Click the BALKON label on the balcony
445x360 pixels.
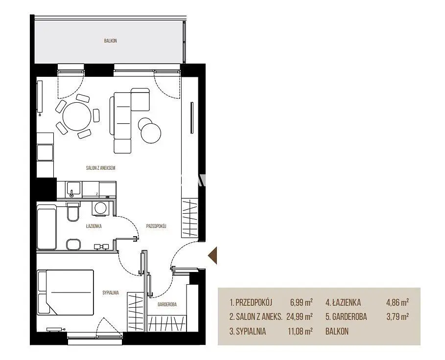coord(111,41)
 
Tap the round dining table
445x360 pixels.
coord(77,116)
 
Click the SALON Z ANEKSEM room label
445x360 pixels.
coord(100,168)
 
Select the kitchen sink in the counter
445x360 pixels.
coord(73,189)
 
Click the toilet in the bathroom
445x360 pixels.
coord(73,211)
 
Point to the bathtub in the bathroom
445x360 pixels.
coord(47,229)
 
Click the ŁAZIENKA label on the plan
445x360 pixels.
coord(94,226)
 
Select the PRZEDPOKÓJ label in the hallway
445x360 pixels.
coord(156,226)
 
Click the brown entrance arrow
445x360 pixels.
coord(212,255)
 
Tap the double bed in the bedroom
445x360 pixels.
coord(66,292)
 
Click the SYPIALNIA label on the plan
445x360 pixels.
coord(111,292)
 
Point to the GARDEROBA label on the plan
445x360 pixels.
coord(167,304)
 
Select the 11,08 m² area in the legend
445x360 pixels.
coord(300,331)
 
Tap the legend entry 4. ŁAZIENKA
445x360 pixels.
coord(343,302)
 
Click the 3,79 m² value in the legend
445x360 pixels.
coord(398,316)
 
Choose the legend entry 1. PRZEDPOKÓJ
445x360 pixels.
coord(251,302)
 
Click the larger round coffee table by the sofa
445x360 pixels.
coord(151,133)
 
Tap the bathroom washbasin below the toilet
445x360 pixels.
coord(73,245)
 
